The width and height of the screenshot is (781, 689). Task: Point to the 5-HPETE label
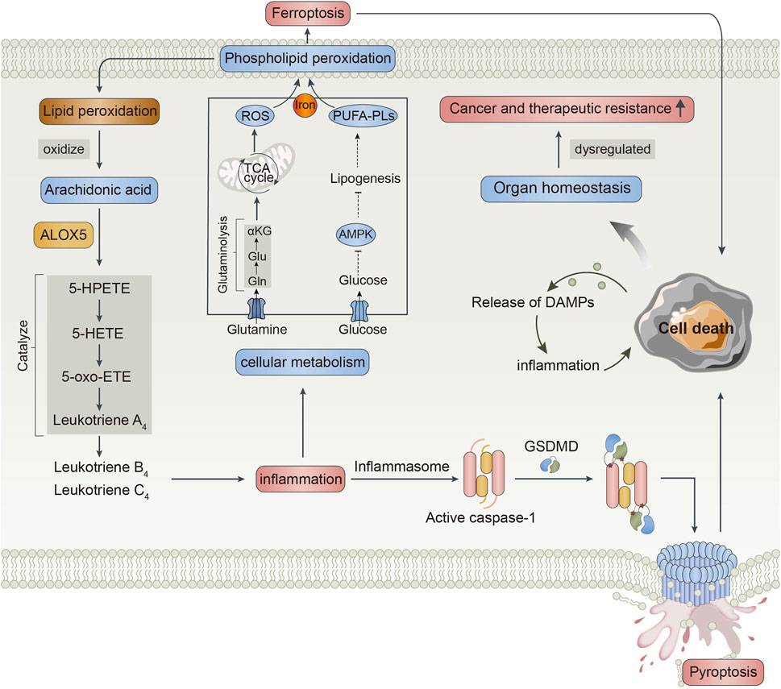(98, 288)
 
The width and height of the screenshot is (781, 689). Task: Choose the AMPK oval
(355, 234)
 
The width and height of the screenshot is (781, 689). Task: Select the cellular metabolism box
(301, 363)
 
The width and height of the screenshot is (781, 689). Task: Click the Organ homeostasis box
(562, 189)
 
